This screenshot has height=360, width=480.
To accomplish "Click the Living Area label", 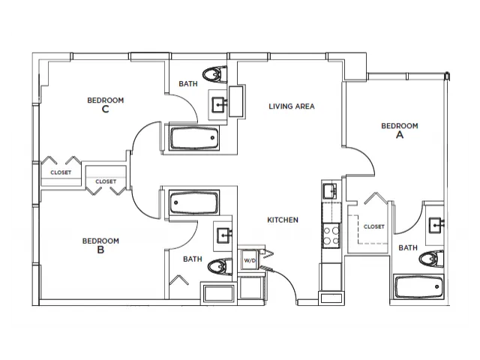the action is tap(292, 106).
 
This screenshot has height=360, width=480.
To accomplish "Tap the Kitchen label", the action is tap(283, 220).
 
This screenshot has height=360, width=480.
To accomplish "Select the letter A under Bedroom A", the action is tap(400, 135).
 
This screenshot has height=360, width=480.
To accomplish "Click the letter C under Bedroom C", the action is tap(105, 109).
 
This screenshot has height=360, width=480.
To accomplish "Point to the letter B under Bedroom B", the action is tap(100, 250).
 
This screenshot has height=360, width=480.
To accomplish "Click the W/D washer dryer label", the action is tap(250, 260).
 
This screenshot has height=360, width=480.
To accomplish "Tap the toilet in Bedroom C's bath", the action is tap(214, 74).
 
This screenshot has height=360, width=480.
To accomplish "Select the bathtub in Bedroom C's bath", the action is tap(194, 138).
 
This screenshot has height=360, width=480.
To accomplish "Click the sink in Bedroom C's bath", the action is tap(219, 105).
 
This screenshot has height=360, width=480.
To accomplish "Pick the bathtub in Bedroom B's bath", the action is tap(194, 202).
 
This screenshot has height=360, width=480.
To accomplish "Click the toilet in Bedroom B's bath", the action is tap(220, 267).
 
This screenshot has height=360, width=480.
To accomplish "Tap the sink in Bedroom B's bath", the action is tap(224, 235).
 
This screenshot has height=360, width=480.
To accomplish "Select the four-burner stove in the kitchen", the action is tap(331, 235).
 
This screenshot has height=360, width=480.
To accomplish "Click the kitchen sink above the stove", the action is tap(330, 191).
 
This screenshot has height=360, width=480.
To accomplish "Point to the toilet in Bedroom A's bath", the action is tap(431, 259).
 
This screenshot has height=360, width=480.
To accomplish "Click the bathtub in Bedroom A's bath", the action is tap(418, 286).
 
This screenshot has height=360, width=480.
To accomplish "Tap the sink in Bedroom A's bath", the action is tap(436, 225).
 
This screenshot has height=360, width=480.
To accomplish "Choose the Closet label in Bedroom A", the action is tap(373, 226).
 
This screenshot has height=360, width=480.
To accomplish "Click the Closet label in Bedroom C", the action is tap(61, 172).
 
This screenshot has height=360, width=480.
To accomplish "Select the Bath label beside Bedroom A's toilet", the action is tap(408, 247).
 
